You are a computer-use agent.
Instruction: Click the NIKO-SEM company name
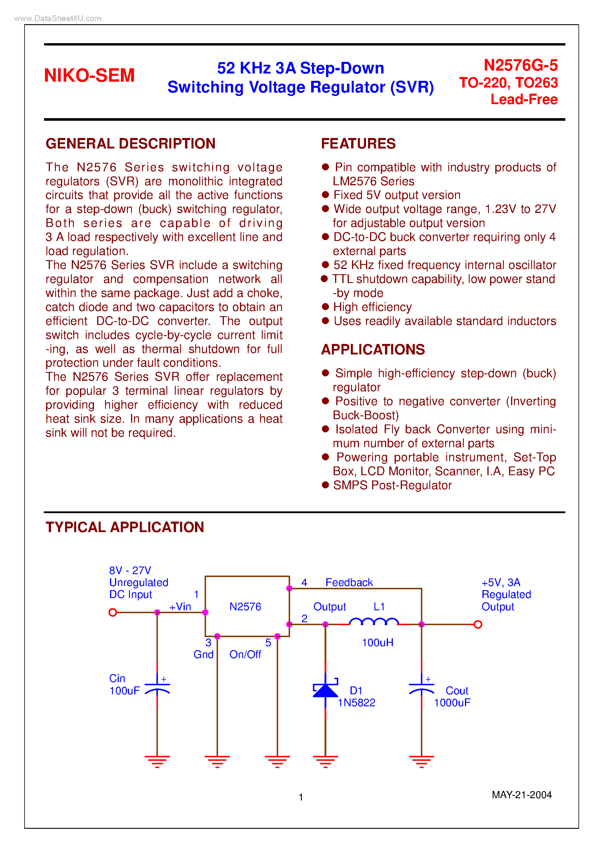coord(89,76)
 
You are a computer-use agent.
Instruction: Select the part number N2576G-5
coord(520,65)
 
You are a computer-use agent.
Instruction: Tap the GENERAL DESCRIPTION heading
coord(130,144)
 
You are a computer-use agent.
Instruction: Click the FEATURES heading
coord(358,144)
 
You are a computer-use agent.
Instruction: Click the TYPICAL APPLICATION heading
coord(125,527)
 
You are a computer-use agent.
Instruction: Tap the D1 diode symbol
coord(325,690)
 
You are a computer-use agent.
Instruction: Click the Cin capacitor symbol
coord(157,687)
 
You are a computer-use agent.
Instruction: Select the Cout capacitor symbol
coord(421,687)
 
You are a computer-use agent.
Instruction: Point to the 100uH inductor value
coord(377,643)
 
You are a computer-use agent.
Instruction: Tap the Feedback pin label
coord(349,583)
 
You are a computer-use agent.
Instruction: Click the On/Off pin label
coord(245,655)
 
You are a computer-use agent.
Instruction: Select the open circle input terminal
coord(113,612)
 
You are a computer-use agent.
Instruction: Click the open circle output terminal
coord(478,625)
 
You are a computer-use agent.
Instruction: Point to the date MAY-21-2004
coord(521,795)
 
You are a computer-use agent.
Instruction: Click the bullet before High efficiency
coord(325,307)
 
